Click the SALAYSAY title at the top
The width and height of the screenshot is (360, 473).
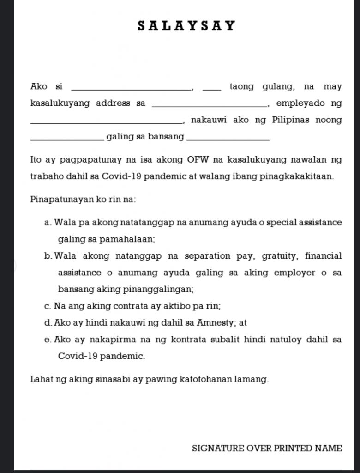pos(186,26)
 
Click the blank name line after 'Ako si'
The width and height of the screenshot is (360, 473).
pos(131,88)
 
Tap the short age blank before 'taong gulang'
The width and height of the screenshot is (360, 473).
pos(212,88)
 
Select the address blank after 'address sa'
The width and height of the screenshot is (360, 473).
pos(209,105)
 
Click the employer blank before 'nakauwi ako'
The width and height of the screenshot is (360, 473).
pos(107,122)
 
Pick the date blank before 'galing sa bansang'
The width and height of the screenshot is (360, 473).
pos(67,138)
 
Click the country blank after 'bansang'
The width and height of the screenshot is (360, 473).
pos(229,138)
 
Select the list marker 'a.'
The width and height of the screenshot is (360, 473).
pos(48,223)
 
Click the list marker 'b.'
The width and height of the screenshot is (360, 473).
pos(48,256)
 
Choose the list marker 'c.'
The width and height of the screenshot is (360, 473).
pos(48,306)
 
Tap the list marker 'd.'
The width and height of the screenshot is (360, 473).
pos(48,322)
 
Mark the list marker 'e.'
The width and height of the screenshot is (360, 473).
pos(48,340)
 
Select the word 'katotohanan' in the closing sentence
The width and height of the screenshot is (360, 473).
pos(209,379)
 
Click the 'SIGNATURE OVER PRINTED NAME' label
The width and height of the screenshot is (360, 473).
pos(267,448)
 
